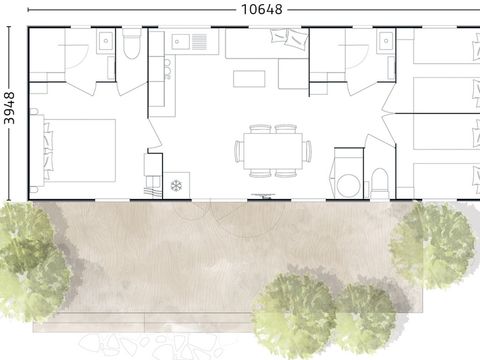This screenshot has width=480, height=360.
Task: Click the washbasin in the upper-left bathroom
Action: (x=105, y=41)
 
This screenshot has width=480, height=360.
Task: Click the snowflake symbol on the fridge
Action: (x=176, y=185)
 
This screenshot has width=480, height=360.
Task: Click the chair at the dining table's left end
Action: (x=238, y=151)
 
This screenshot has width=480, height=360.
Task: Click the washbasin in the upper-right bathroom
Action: (x=385, y=41)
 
